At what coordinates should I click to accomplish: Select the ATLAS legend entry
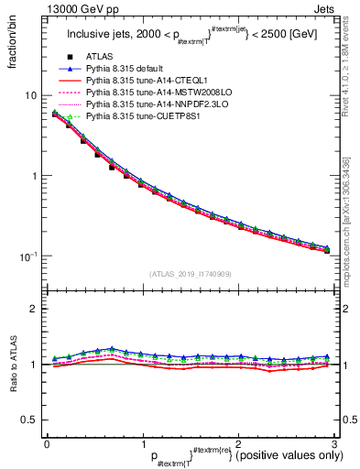[x=101, y=57]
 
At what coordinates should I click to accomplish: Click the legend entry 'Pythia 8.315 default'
[x=128, y=69]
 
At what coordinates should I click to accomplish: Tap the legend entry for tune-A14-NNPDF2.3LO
[x=149, y=104]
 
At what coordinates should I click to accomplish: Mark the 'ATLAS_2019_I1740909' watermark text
[x=191, y=274]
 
